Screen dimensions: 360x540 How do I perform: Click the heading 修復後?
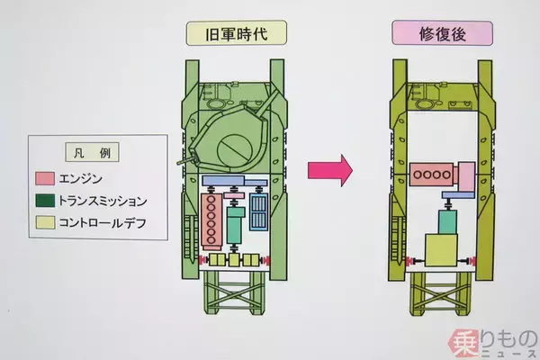441,35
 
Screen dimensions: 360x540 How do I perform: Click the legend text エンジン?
80,177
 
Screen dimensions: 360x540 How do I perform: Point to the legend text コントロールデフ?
103,221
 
